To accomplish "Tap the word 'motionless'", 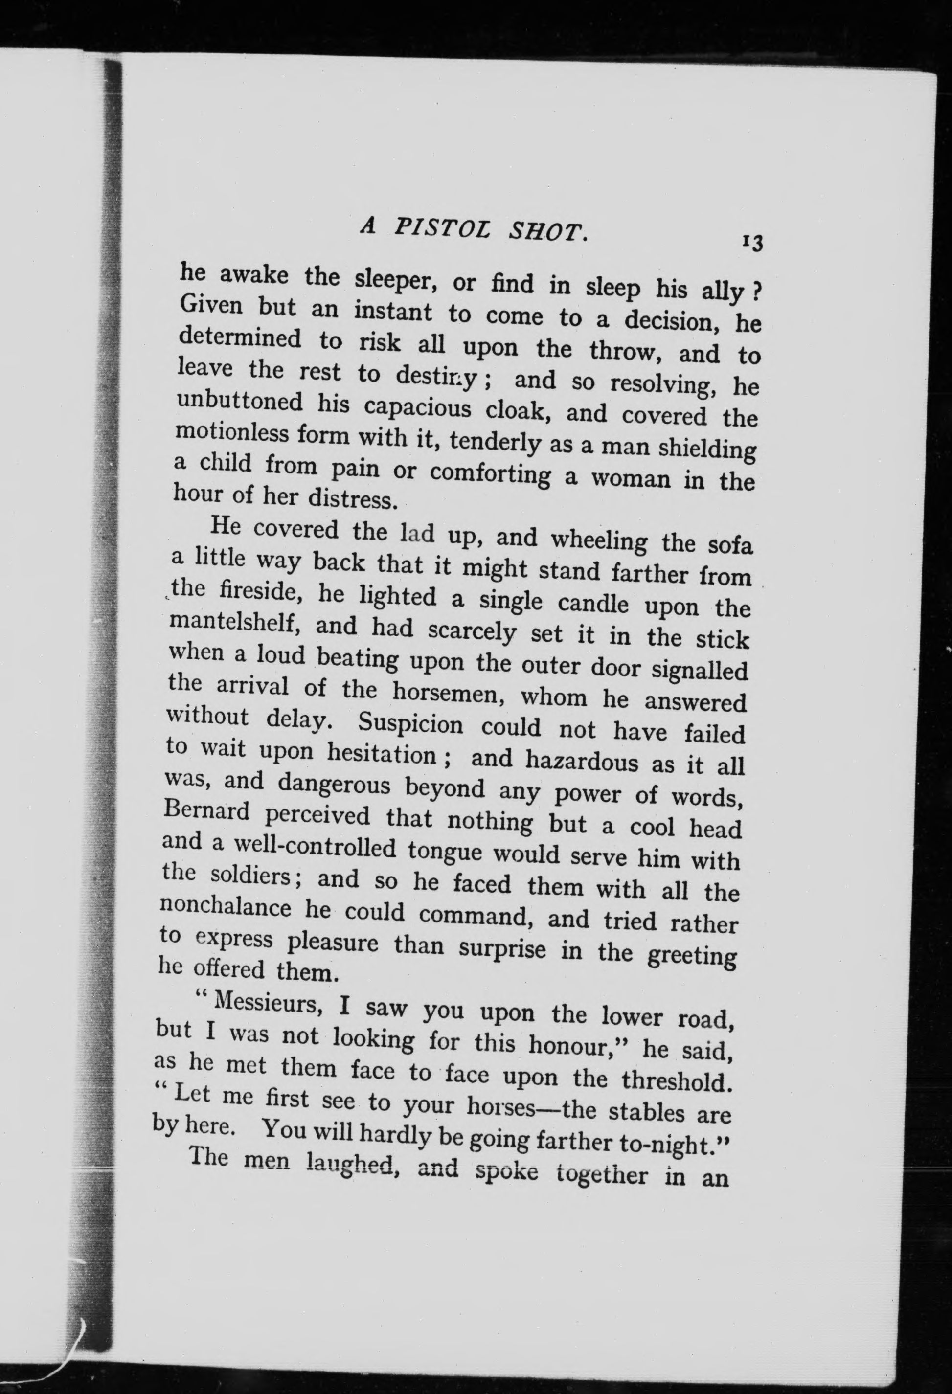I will pos(231,432).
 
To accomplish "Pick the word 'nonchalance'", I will pos(226,907).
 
